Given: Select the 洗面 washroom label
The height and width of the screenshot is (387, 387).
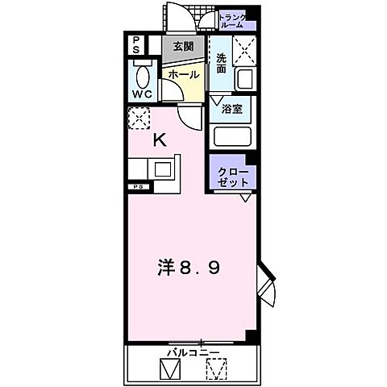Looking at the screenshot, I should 222,63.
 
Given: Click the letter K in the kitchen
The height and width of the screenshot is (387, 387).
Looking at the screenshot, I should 160,139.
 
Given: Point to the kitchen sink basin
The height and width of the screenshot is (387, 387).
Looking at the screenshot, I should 163,170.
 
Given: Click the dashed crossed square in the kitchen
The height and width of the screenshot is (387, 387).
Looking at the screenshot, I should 139,119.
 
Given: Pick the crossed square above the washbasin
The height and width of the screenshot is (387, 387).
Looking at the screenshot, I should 243,51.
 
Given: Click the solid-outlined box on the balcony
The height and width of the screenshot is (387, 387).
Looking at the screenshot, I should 170,370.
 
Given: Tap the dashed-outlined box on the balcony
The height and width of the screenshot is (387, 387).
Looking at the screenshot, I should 216,370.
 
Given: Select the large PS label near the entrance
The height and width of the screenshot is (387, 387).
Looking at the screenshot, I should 137,44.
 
